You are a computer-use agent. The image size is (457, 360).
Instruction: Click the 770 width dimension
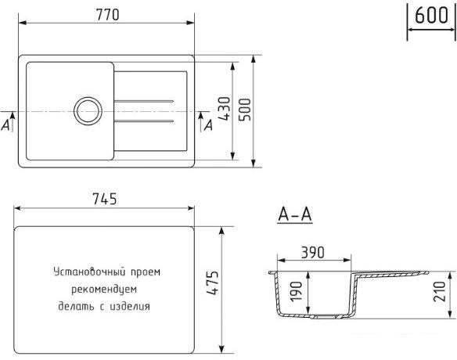[107, 15]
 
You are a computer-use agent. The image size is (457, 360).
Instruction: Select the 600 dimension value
[431, 15]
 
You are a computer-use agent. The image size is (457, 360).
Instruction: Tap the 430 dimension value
[225, 109]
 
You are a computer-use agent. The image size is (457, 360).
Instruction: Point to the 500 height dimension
[244, 110]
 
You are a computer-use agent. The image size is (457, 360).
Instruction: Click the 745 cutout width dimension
[104, 199]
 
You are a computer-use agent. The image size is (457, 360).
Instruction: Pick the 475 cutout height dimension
[213, 283]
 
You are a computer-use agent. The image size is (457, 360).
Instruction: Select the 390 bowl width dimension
[313, 253]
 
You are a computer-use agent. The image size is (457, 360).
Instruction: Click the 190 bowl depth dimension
[297, 291]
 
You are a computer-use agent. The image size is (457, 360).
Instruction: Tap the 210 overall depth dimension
[440, 291]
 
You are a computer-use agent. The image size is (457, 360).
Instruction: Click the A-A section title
[295, 215]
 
